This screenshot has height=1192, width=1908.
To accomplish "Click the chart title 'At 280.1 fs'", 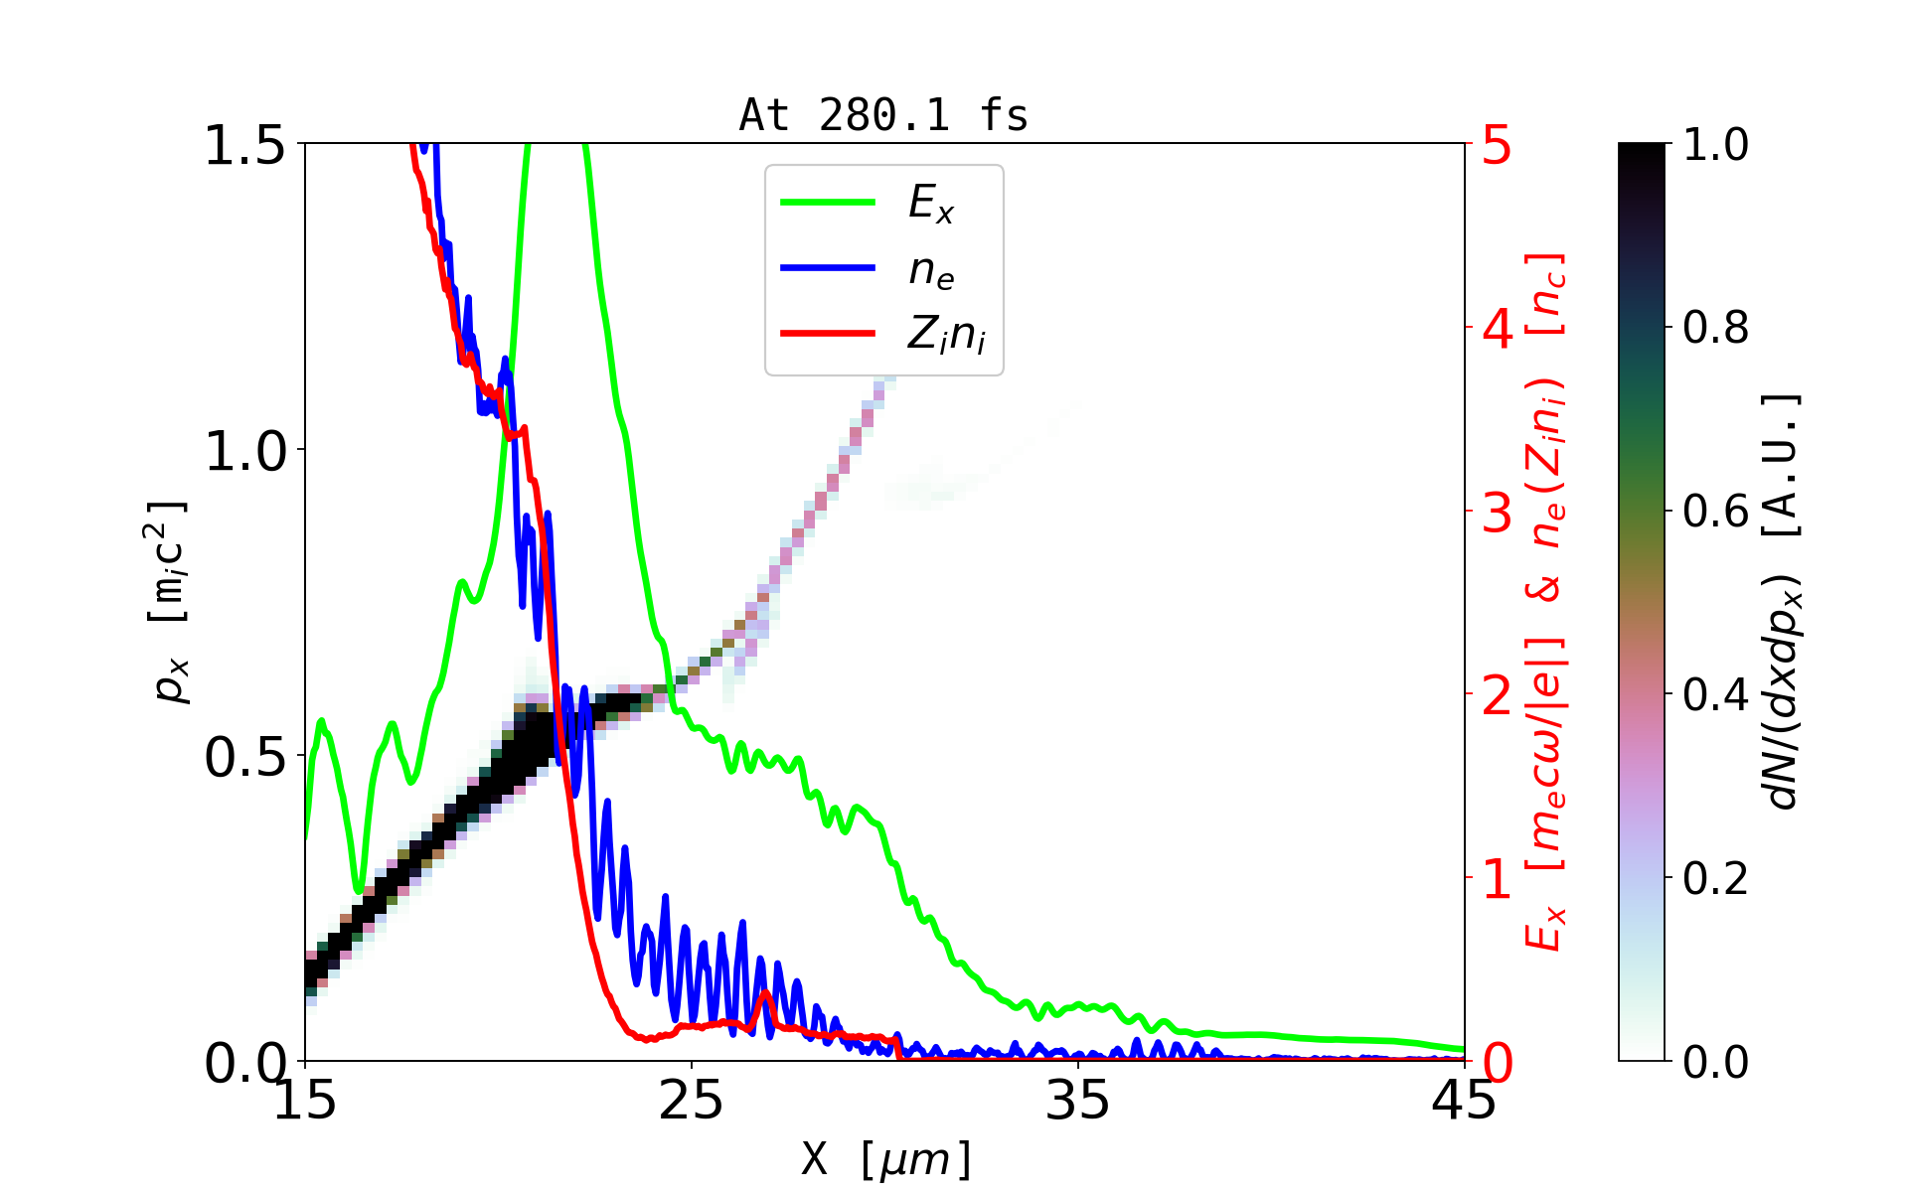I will [883, 116].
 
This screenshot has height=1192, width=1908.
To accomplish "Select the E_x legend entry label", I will [931, 204].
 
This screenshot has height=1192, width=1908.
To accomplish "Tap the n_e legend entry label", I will [931, 270].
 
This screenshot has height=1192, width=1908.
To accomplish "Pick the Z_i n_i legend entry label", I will [946, 336].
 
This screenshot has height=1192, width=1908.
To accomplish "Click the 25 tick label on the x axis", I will [692, 1101].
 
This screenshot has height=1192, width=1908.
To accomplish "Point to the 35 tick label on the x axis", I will [1078, 1101].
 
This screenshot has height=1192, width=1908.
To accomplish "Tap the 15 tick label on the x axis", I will [305, 1101].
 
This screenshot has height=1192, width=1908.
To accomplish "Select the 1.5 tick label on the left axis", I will [244, 146].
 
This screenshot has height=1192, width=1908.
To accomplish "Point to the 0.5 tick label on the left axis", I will [244, 758].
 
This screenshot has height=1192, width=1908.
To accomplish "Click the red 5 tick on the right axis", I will [1498, 146].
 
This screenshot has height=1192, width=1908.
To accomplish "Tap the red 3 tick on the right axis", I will [1498, 513].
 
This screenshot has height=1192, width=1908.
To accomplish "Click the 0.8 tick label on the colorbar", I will [1715, 328].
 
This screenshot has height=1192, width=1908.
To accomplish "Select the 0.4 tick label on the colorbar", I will [1715, 694].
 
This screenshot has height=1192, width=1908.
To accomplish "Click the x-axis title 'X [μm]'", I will [885, 1158].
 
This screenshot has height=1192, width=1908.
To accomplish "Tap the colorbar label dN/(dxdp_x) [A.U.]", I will [1783, 601].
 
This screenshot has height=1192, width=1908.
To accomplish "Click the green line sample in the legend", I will [828, 203].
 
